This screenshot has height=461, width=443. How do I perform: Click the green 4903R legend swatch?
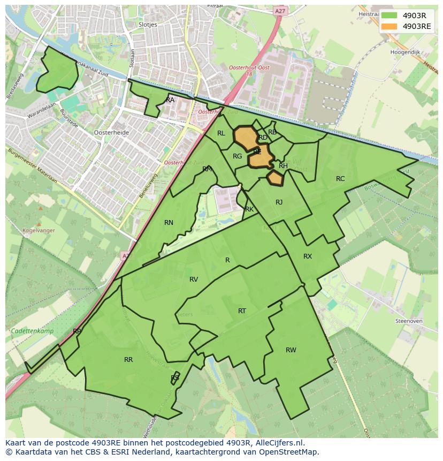pyautogui.click(x=389, y=16)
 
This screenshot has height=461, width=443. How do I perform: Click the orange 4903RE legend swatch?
pyautogui.click(x=389, y=26)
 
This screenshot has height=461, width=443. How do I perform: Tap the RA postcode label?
pyautogui.click(x=170, y=100)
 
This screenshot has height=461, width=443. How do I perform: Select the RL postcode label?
pyautogui.click(x=221, y=133)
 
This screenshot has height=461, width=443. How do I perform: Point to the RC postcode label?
pyautogui.click(x=340, y=179)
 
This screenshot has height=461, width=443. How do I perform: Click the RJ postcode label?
pyautogui.click(x=279, y=202)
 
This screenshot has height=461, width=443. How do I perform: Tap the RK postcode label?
pyautogui.click(x=249, y=209)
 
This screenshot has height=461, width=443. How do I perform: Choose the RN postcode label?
pyautogui.click(x=169, y=223)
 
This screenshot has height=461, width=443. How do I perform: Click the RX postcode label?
pyautogui.click(x=307, y=256)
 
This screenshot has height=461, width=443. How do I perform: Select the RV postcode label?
pyautogui.click(x=194, y=279)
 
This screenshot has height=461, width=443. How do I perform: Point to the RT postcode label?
pyautogui.click(x=242, y=311)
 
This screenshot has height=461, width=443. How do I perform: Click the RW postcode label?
pyautogui.click(x=291, y=350)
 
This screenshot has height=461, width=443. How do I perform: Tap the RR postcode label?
pyautogui.click(x=128, y=360)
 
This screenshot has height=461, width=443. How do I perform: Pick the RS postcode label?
pyautogui.click(x=175, y=378)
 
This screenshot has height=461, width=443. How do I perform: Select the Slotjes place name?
pyautogui.click(x=147, y=25)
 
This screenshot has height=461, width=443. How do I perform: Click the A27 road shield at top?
pyautogui.click(x=279, y=10)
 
